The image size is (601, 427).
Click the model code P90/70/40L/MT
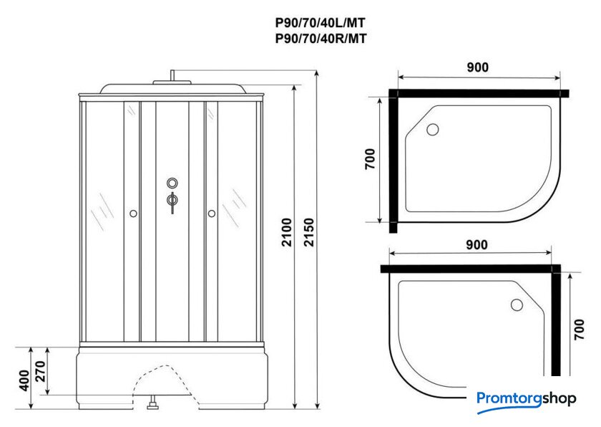click(321, 23)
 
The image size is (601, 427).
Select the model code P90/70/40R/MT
click(321, 39)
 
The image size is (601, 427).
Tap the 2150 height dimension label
click(309, 232)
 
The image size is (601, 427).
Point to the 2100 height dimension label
click(287, 232)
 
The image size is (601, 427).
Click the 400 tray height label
click(24, 380)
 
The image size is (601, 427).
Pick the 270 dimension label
click(40, 371)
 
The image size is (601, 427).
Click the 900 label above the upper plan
click(478, 67)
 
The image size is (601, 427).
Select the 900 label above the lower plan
click(477, 244)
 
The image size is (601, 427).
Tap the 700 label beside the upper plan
click(370, 159)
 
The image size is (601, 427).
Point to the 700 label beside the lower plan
click(579, 329)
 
